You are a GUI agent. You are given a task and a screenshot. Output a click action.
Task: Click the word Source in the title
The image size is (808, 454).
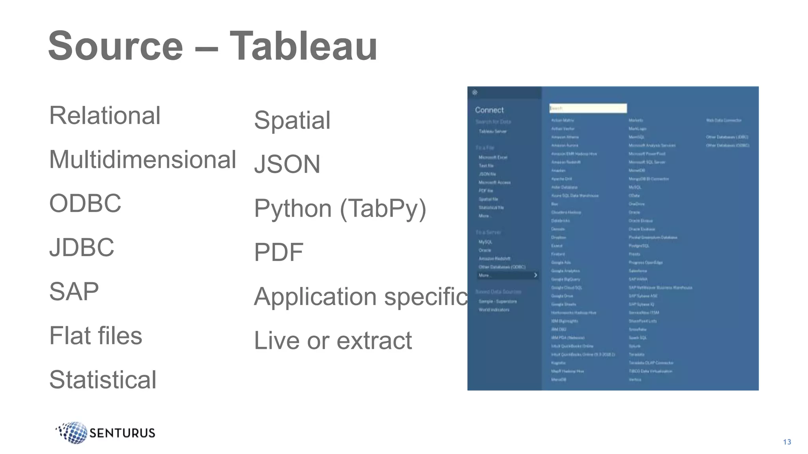(x=116, y=46)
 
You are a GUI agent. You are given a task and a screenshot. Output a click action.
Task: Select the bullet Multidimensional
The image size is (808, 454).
(x=142, y=160)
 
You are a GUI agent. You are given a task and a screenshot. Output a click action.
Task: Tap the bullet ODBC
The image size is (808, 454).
(x=85, y=203)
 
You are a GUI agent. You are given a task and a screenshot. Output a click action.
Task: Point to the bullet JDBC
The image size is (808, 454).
(x=82, y=247)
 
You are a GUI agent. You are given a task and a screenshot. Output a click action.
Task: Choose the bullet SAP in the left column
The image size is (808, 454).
(x=74, y=292)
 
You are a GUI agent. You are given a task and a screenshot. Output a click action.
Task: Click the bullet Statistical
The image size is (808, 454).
(x=103, y=380)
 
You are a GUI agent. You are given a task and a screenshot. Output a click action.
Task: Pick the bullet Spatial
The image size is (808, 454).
(x=292, y=120)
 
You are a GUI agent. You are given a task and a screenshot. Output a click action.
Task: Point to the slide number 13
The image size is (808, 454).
(x=787, y=442)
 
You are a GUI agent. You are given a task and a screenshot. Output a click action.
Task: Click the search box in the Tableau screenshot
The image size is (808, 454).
(x=588, y=108)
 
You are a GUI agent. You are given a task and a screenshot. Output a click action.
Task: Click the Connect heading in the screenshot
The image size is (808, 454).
(x=489, y=110)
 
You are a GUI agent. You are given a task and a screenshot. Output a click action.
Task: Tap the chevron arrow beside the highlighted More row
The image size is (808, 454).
(x=535, y=275)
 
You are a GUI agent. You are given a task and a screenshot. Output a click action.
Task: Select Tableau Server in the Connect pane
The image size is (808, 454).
(x=493, y=132)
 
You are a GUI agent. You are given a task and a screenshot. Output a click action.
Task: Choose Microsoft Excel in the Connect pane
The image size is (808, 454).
(x=493, y=157)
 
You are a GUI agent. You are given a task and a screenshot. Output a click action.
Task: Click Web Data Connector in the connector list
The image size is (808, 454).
(x=724, y=120)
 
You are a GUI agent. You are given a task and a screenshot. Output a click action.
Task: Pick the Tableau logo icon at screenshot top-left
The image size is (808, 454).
(x=475, y=93)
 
